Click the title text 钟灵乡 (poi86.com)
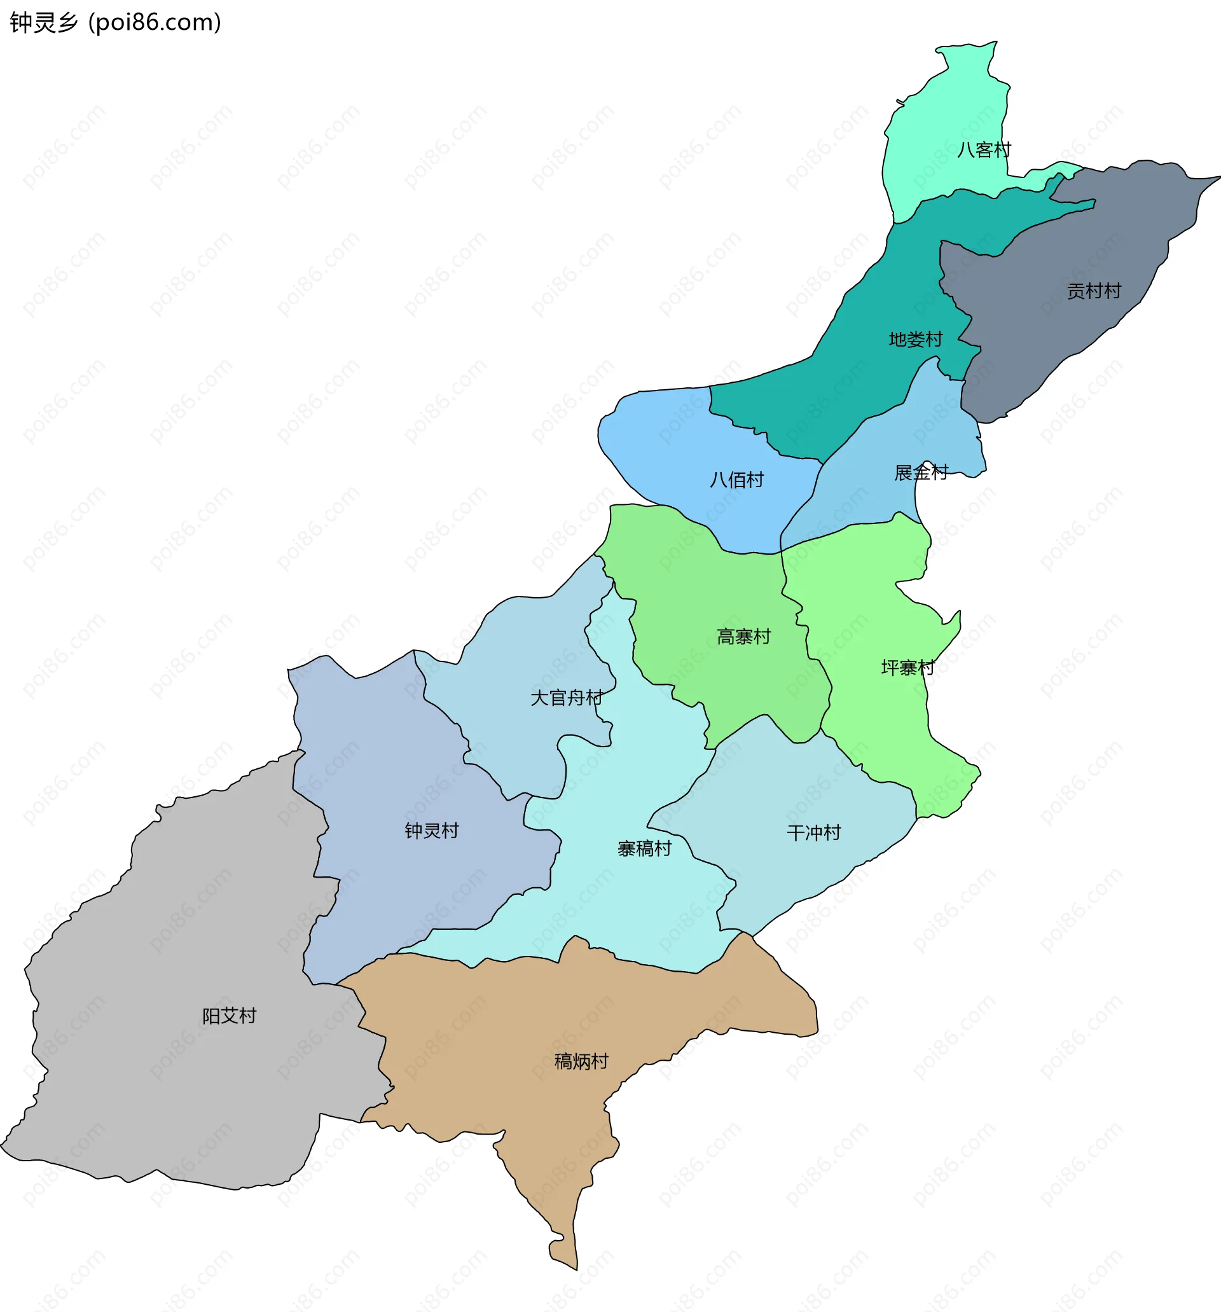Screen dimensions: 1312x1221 coord(116,22)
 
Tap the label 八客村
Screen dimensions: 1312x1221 coord(983,151)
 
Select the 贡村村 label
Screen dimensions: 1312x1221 coord(1094,291)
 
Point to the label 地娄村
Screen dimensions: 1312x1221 coord(915,340)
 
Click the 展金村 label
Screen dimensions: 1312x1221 coord(921,473)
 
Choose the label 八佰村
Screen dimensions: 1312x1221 coord(736,480)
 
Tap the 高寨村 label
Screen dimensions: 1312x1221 coord(744,637)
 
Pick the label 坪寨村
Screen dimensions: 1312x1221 coord(908,668)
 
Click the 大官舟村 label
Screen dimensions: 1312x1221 coord(566,698)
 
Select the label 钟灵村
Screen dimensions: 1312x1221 coord(432,831)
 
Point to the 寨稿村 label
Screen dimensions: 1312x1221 coord(644,849)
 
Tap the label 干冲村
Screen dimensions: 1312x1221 coord(814,833)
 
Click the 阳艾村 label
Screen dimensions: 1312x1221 coord(229,1016)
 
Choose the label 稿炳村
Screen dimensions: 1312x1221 coord(581,1061)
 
